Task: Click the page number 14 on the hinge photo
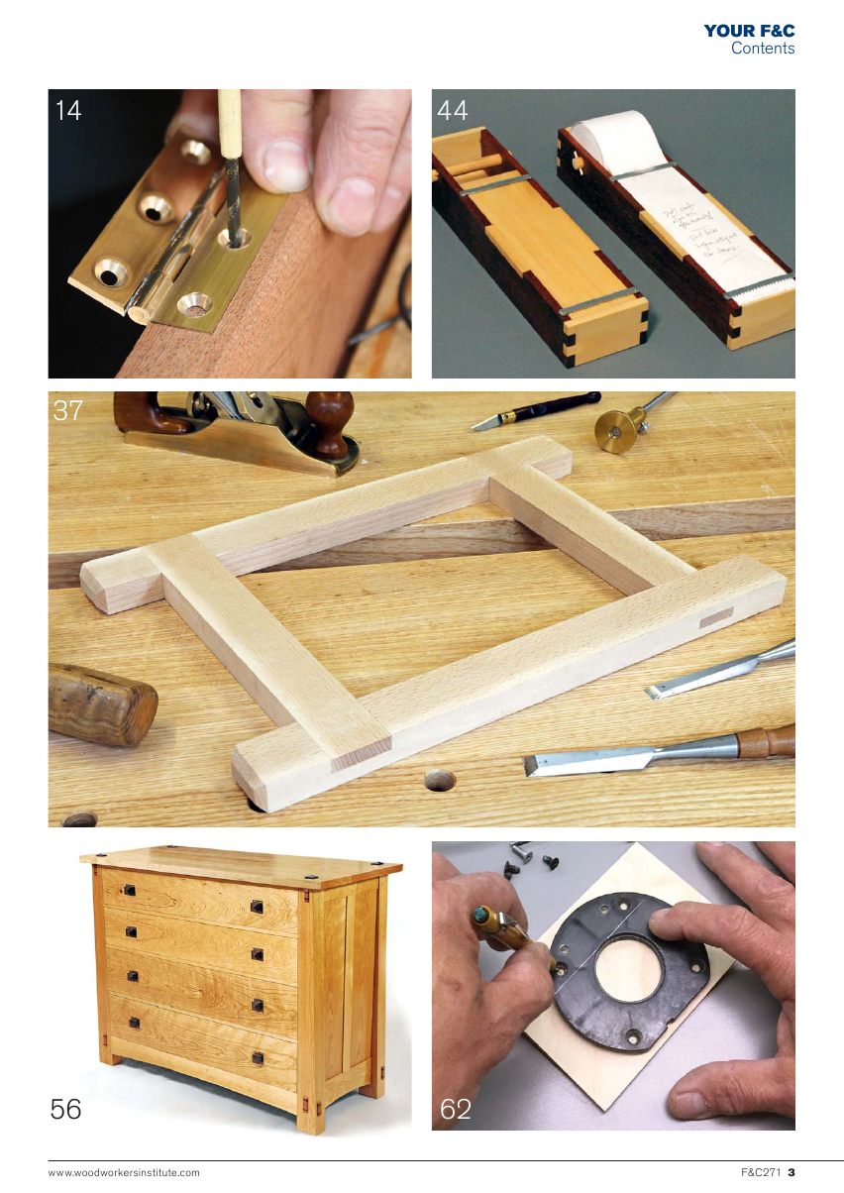(x=68, y=110)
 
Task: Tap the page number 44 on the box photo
(x=453, y=110)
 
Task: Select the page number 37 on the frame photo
(x=67, y=410)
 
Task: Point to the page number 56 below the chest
(x=66, y=1110)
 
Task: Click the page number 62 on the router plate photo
(x=456, y=1110)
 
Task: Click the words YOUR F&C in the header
(x=749, y=32)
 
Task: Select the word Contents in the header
(x=763, y=48)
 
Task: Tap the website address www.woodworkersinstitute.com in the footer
(x=124, y=1173)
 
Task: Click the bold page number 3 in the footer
(x=791, y=1173)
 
